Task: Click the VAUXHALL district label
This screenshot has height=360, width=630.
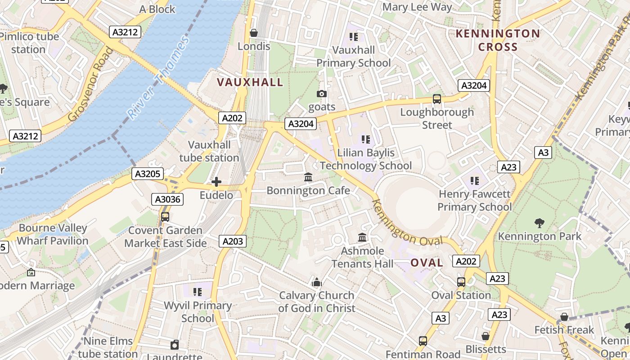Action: tap(250, 82)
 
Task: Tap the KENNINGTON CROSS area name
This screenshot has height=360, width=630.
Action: tap(498, 40)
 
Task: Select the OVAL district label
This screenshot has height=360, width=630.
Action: tap(427, 263)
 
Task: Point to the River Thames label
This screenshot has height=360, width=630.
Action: tap(158, 77)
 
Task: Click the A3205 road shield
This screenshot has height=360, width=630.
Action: tap(147, 174)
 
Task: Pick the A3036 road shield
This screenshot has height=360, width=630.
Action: tap(168, 199)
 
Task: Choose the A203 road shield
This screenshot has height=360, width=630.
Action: tap(233, 241)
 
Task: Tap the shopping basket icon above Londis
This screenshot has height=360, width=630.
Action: tap(254, 33)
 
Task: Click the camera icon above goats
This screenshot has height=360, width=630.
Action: tap(321, 94)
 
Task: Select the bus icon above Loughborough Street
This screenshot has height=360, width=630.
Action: tap(436, 99)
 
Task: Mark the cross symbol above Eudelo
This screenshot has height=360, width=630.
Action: tap(216, 182)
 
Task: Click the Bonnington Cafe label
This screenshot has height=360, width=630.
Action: tap(308, 190)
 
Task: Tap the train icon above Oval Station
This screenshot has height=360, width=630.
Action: tap(461, 282)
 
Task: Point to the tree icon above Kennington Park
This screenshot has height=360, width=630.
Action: tap(539, 223)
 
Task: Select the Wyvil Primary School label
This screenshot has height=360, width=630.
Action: tap(198, 312)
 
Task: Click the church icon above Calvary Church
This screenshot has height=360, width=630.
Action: tap(317, 283)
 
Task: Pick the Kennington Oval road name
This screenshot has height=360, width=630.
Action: tap(407, 223)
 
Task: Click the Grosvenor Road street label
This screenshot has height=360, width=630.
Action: tap(91, 84)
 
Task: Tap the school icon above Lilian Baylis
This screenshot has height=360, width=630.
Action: tap(365, 139)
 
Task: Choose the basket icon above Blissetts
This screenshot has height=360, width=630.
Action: tap(485, 336)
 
